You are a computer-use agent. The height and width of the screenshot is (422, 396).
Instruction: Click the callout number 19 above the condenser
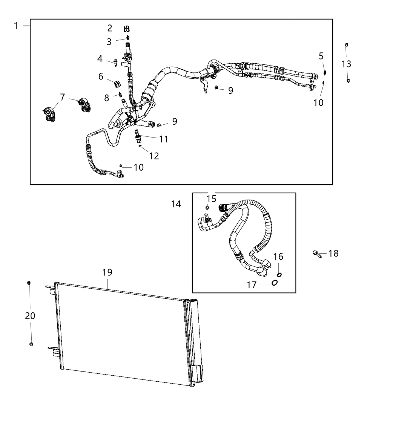[107, 272]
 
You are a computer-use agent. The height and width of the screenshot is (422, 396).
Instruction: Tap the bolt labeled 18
[317, 254]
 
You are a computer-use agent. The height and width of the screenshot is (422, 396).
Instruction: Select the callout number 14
[176, 204]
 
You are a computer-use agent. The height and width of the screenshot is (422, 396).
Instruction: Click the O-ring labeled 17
[275, 283]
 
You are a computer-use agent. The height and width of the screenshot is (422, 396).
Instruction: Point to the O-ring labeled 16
[279, 275]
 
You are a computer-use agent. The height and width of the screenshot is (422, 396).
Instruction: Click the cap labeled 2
[127, 28]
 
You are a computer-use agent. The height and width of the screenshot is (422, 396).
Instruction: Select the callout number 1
[16, 26]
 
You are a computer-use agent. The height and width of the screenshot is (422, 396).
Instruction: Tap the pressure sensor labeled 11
[138, 135]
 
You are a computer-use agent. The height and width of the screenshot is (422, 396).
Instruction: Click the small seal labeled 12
[140, 146]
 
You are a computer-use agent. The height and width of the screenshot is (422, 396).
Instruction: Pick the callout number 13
[346, 64]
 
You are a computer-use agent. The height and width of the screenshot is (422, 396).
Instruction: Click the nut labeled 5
[325, 72]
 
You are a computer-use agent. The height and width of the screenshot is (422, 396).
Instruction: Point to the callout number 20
[30, 316]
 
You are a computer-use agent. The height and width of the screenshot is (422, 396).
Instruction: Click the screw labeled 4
[115, 63]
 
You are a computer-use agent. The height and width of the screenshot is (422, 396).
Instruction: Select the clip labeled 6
[117, 84]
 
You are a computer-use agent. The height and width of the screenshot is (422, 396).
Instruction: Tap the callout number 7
[63, 97]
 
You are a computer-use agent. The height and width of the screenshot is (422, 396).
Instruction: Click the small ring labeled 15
[207, 207]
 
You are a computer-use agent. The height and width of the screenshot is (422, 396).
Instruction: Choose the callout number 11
[164, 139]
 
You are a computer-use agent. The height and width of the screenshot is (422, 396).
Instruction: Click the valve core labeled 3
[128, 37]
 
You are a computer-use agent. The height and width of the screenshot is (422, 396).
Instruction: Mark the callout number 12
[154, 156]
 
